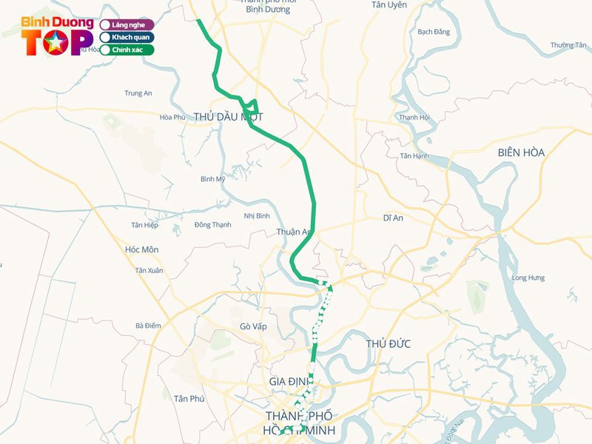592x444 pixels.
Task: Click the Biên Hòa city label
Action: pyautogui.click(x=521, y=152)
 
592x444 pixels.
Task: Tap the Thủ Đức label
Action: pyautogui.click(x=388, y=344)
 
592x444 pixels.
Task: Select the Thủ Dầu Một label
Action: pyautogui.click(x=228, y=117)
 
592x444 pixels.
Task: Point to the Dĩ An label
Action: pyautogui.click(x=393, y=218)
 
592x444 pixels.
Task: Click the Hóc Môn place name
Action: pyautogui.click(x=141, y=250)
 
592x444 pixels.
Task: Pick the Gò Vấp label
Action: pyautogui.click(x=253, y=326)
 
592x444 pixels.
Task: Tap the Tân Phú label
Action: pyautogui.click(x=188, y=399)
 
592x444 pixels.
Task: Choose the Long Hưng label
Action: pyautogui.click(x=528, y=277)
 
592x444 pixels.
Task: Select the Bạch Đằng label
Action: pyautogui.click(x=434, y=32)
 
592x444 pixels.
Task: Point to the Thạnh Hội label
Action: pyautogui.click(x=414, y=118)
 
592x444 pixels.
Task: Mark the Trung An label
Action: pyautogui.click(x=138, y=93)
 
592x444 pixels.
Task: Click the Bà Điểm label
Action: pyautogui.click(x=148, y=326)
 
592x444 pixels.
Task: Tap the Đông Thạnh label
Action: pyautogui.click(x=212, y=225)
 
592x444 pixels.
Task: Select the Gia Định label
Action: pyautogui.click(x=288, y=381)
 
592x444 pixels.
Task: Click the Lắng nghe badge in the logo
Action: pyautogui.click(x=127, y=24)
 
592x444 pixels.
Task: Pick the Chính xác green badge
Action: pyautogui.click(x=127, y=50)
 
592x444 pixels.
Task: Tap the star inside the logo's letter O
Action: pyautogui.click(x=55, y=44)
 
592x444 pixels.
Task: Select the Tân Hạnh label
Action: pyautogui.click(x=414, y=156)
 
